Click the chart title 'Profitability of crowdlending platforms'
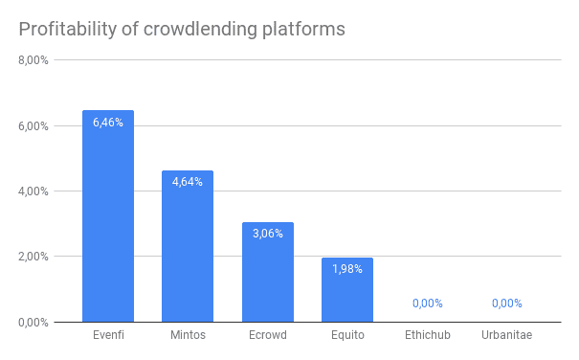[x=182, y=29]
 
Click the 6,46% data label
[x=108, y=123]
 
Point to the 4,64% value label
[x=188, y=182]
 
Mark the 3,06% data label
[x=267, y=234]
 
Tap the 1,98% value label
[x=347, y=269]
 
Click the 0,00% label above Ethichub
[x=427, y=304]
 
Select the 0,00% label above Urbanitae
[x=506, y=304]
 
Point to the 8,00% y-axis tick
[x=34, y=60]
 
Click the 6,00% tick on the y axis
[x=34, y=125]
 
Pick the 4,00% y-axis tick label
[x=34, y=191]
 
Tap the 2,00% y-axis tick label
[x=34, y=257]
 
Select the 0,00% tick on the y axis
[x=34, y=322]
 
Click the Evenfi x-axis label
[x=108, y=335]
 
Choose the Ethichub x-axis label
[x=427, y=335]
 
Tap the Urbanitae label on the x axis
[x=506, y=335]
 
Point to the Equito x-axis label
[x=347, y=335]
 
